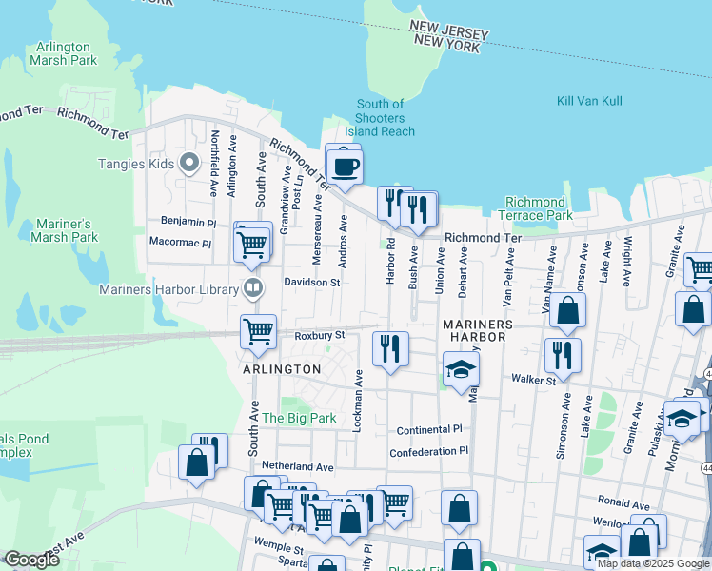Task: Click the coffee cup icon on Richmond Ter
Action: pyautogui.click(x=345, y=165)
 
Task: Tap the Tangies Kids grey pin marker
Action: pyautogui.click(x=189, y=164)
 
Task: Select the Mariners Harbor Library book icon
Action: pyautogui.click(x=252, y=286)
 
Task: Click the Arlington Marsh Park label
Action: pyautogui.click(x=64, y=53)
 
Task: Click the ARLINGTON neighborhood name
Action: pyautogui.click(x=281, y=368)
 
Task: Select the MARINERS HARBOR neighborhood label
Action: pyautogui.click(x=478, y=332)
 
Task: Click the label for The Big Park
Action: pyautogui.click(x=299, y=417)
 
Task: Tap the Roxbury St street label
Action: pyautogui.click(x=319, y=335)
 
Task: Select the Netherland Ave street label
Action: pyautogui.click(x=298, y=467)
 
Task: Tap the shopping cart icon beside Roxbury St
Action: pyautogui.click(x=259, y=332)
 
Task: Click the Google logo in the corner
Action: pyautogui.click(x=31, y=560)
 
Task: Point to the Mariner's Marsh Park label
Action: pyautogui.click(x=67, y=230)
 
